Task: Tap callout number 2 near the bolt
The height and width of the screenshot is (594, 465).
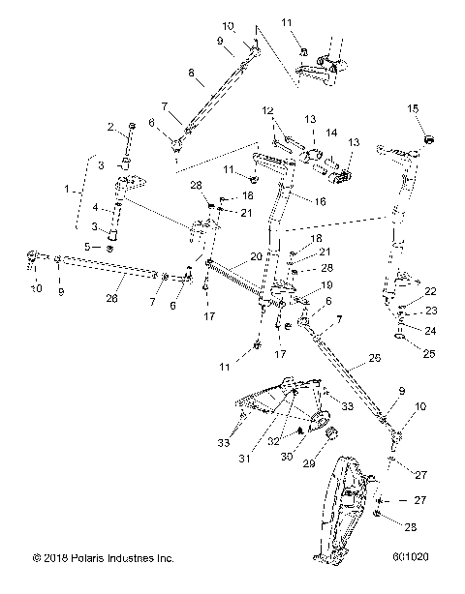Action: [111, 127]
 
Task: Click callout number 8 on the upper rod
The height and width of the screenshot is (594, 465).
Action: [191, 73]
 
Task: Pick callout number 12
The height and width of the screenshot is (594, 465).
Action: [267, 111]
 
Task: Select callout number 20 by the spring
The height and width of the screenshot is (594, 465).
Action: [256, 257]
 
